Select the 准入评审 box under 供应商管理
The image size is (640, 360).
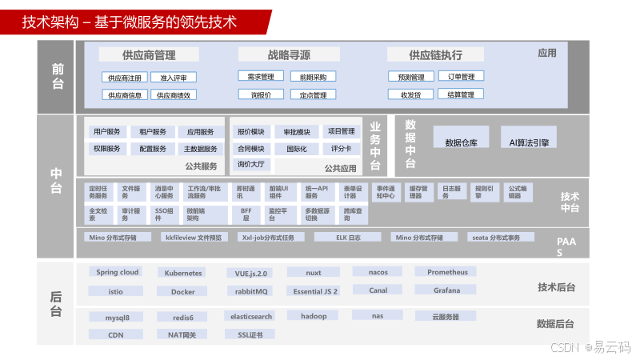click(x=174, y=78)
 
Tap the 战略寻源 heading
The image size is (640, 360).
click(x=289, y=55)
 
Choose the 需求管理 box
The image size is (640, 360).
click(x=261, y=77)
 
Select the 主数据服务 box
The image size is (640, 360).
click(x=200, y=149)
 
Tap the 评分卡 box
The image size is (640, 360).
click(x=341, y=148)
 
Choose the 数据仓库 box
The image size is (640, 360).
click(x=461, y=142)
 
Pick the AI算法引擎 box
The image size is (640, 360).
click(x=529, y=142)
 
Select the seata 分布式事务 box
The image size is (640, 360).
click(x=501, y=238)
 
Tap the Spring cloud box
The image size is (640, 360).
click(x=118, y=272)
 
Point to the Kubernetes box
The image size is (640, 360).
click(x=183, y=273)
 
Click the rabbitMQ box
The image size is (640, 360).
click(x=251, y=291)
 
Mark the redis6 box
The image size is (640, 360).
click(x=183, y=317)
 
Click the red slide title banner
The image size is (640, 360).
click(x=136, y=22)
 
